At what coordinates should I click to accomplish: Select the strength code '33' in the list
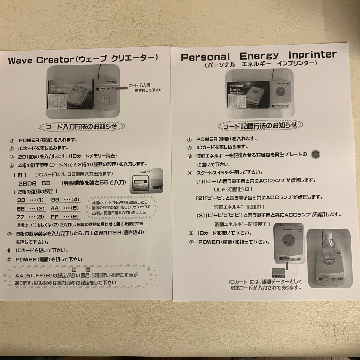21,200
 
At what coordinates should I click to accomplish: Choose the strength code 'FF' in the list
55,217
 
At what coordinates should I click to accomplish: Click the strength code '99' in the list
55,200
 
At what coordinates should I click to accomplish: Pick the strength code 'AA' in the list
55,208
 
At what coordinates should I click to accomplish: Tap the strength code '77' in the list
21,217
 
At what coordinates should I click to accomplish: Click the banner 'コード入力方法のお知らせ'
82,127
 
